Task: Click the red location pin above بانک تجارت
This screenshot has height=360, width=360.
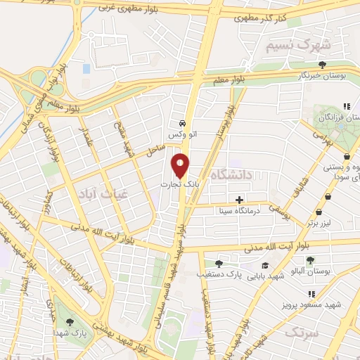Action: click(181, 165)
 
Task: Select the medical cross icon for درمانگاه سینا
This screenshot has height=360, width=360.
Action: click(240, 200)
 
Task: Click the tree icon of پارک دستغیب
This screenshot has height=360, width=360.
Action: click(218, 264)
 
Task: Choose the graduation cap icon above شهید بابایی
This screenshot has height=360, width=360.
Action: click(265, 265)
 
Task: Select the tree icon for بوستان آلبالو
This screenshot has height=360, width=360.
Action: click(310, 260)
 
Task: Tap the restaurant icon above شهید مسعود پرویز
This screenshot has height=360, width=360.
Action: click(311, 294)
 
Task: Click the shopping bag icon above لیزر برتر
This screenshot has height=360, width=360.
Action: click(319, 212)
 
